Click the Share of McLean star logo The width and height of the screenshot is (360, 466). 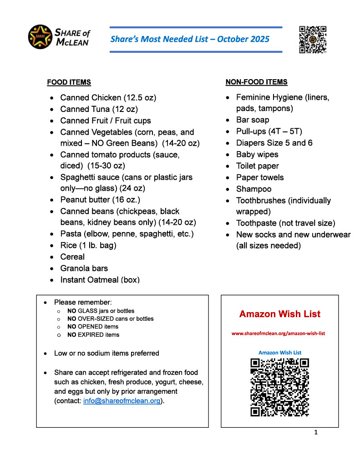pos(40,37)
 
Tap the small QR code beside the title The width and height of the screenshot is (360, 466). pos(313,40)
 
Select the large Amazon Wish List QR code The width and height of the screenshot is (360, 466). pos(279,387)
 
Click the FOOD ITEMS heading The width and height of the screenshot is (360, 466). pos(69,82)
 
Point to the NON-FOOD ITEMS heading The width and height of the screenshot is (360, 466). pos(256,82)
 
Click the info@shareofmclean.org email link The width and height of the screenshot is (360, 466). pos(122,401)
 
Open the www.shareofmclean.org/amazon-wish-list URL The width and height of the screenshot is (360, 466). pos(278,334)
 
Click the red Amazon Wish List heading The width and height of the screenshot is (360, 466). pos(279,314)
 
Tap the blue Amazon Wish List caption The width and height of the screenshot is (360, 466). pos(279,353)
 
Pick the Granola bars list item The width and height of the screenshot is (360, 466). pos(84,268)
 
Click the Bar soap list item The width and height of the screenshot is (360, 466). pos(253,120)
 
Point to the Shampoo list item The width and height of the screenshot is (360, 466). pos(254,189)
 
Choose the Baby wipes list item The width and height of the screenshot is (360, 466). pos(257,154)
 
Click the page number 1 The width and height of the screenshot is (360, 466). pos(316,432)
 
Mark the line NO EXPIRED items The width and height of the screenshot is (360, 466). pos(93,335)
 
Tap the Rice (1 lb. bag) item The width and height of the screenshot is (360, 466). pos(88,245)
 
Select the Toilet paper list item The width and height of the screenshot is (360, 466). pos(257,166)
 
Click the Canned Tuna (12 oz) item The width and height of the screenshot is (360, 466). pos(99,109)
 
